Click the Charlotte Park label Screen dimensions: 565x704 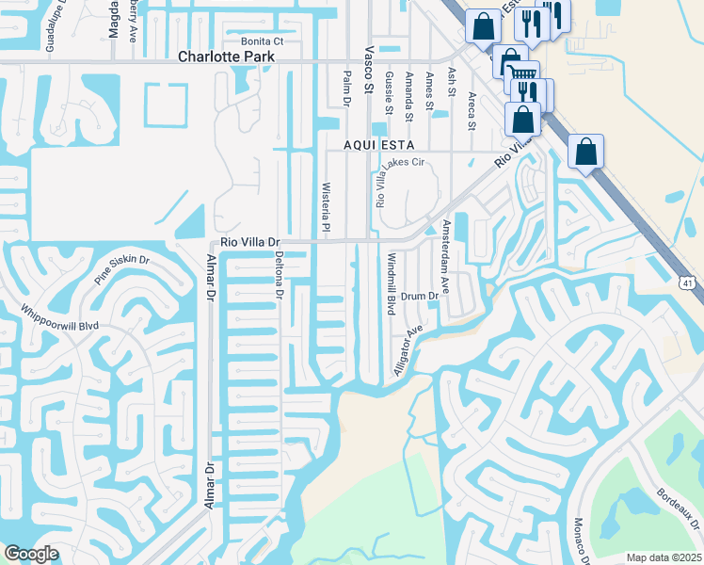pos(227,56)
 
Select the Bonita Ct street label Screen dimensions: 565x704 pos(263,41)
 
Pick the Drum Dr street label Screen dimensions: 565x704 pos(421,296)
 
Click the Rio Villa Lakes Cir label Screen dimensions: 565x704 pos(381,183)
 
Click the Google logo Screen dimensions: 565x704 pos(31,554)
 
